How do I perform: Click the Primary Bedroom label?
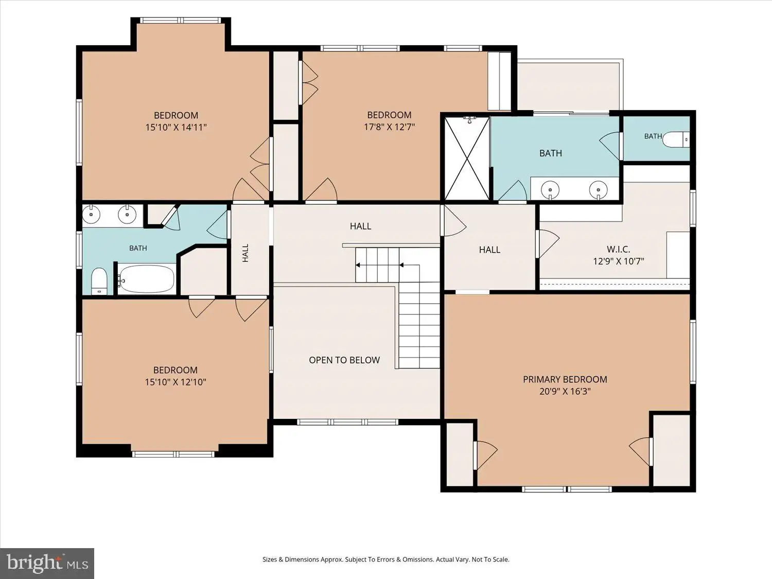point(565,379)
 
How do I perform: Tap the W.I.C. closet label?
point(618,249)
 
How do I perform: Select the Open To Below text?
point(344,360)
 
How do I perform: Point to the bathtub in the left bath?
point(146,279)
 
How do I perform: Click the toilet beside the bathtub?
point(99,281)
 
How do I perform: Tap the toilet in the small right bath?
point(676,139)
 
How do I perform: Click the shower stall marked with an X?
point(467,159)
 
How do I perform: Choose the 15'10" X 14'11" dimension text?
point(176,127)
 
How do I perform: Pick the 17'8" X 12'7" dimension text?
point(389,127)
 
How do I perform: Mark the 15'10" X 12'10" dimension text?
point(176,382)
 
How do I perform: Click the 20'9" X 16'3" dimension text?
point(565,391)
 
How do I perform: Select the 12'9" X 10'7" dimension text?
point(618,261)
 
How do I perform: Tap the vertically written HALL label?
point(245,253)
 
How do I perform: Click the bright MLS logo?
point(47,563)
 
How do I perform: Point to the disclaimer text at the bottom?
point(386,559)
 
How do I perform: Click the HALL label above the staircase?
point(360,226)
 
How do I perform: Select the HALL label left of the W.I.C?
point(489,250)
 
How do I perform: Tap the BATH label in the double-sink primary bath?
point(551,153)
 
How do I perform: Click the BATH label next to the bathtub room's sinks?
point(138,248)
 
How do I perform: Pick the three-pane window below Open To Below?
point(347,422)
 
